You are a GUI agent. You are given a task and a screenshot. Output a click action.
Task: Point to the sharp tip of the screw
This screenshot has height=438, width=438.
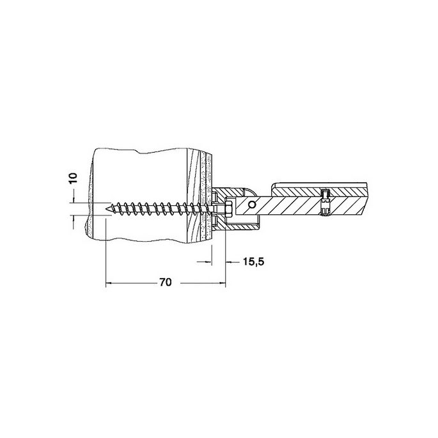pos(106,207)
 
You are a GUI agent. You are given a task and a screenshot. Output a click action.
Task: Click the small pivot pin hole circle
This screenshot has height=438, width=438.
pos(254,205)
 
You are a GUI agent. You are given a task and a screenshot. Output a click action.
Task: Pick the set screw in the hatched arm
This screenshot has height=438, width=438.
pos(325,202)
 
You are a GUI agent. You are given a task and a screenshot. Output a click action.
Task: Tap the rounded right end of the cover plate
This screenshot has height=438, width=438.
pos(369,190)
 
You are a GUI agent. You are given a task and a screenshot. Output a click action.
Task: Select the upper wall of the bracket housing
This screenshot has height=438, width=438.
pos(237,191)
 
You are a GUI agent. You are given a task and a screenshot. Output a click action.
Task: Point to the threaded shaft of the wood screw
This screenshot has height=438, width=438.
pos(160,208)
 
